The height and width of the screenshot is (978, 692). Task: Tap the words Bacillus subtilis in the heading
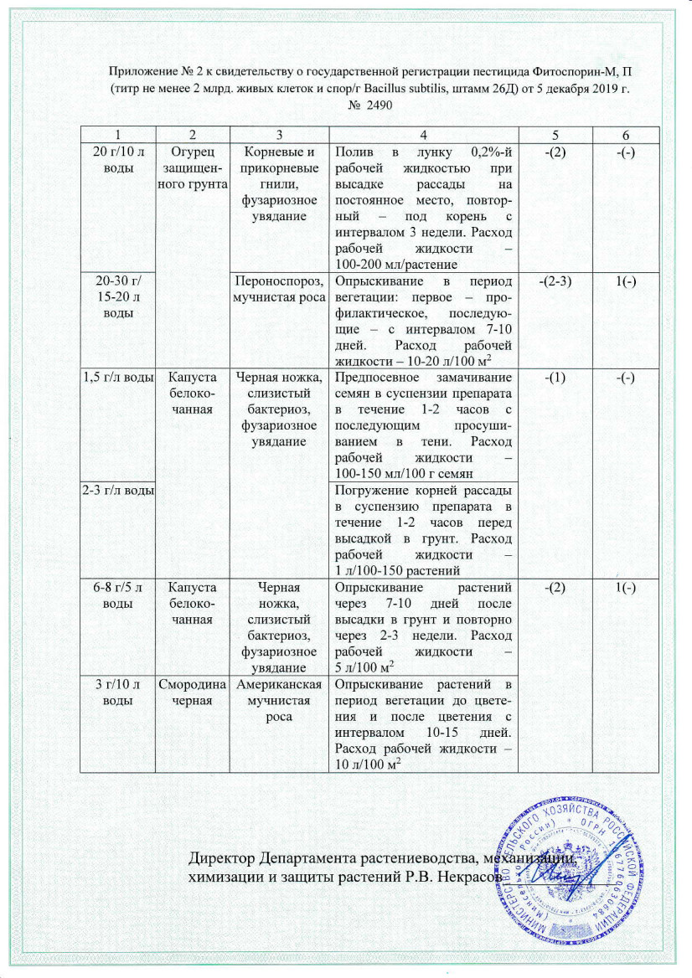[389, 88]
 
